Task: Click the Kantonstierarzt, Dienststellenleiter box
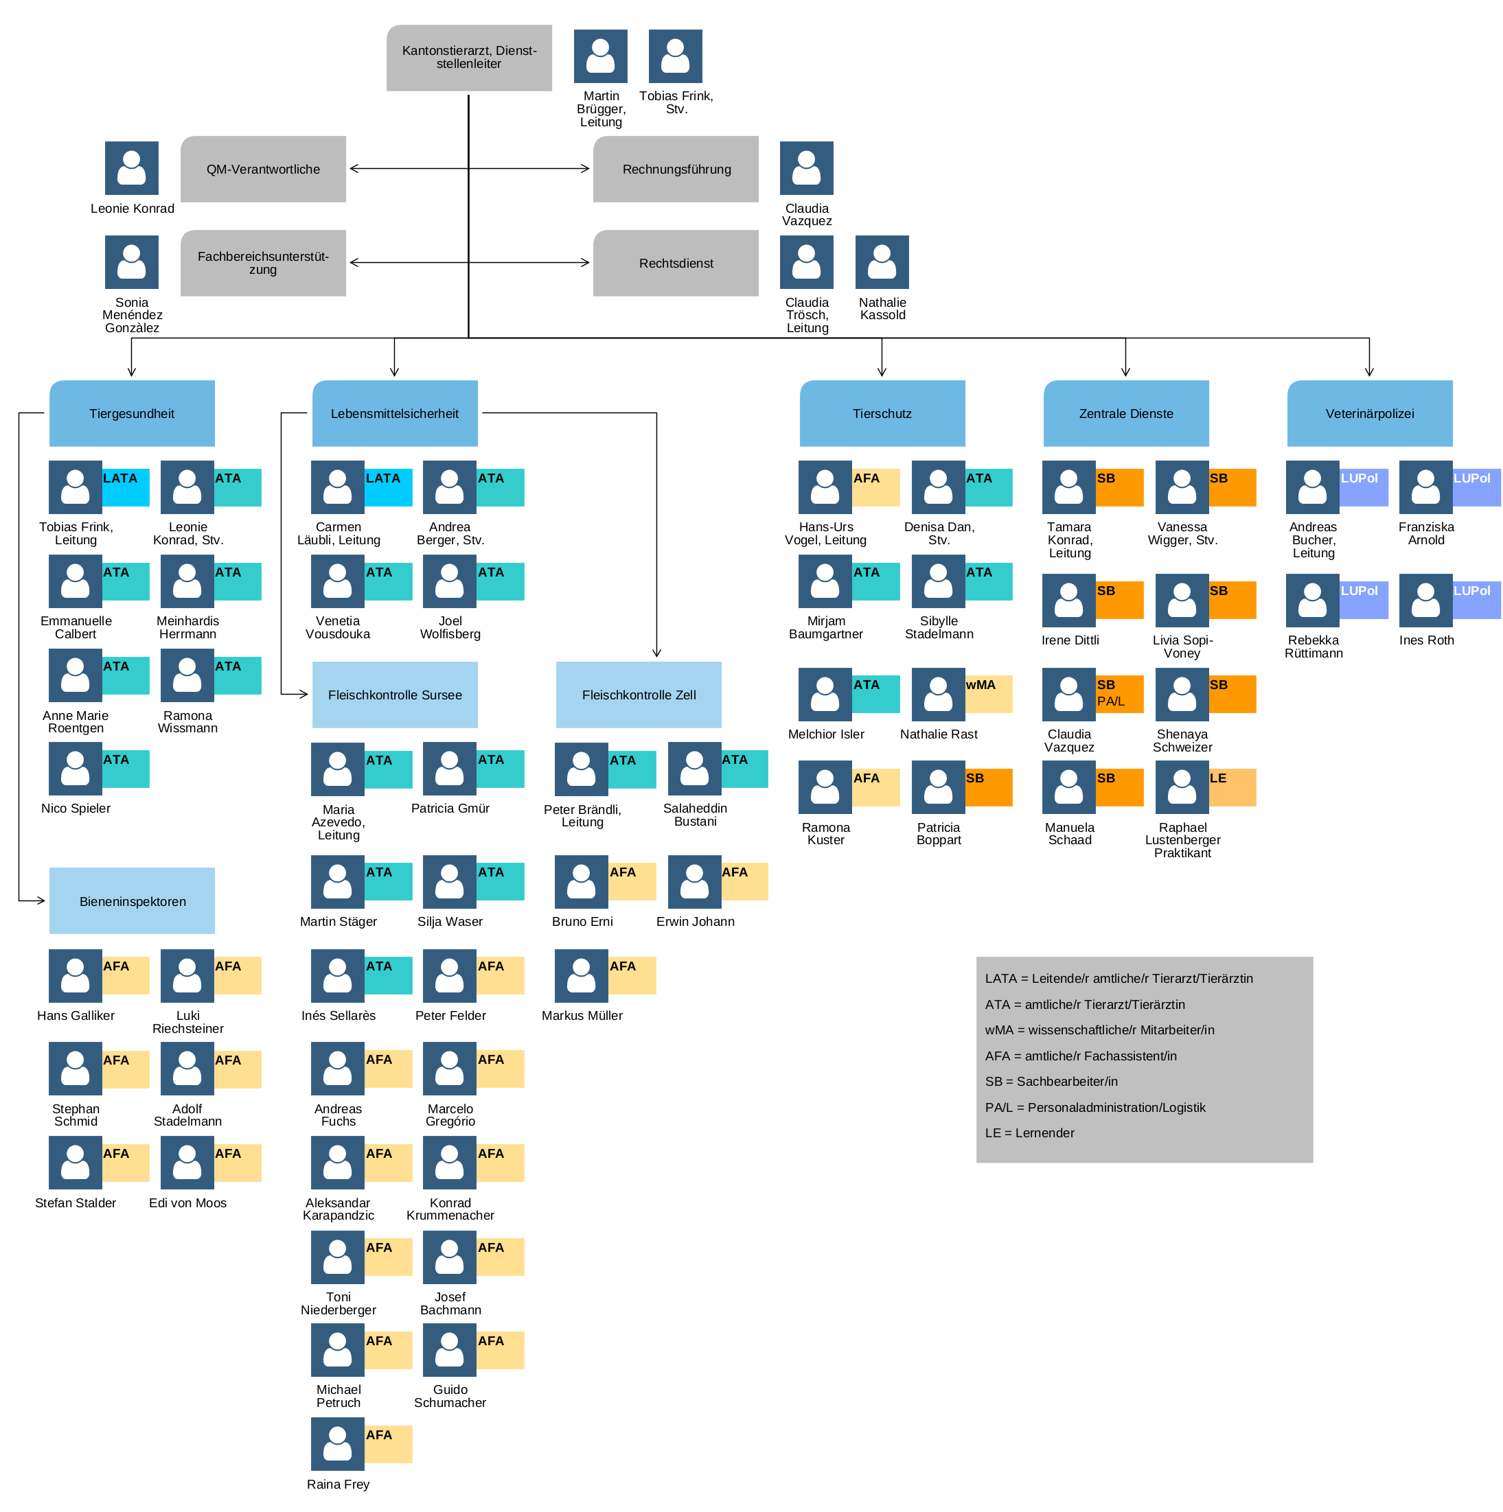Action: pos(468,57)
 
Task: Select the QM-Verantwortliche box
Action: pos(263,169)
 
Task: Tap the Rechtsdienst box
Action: pos(675,263)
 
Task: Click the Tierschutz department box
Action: pos(882,413)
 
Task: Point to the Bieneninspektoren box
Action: pos(132,900)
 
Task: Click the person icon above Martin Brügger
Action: pos(600,56)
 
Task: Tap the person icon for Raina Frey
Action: pos(337,1443)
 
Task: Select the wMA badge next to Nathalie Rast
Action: pos(988,693)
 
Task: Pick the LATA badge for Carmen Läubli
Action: pos(388,487)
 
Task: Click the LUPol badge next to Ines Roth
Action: pos(1476,599)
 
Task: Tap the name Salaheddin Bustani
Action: pos(694,814)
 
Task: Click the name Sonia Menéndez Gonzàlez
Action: pos(132,314)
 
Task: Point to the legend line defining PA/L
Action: pos(1094,1106)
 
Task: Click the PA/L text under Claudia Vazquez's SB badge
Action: pos(1110,701)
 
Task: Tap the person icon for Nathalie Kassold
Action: pos(882,262)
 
